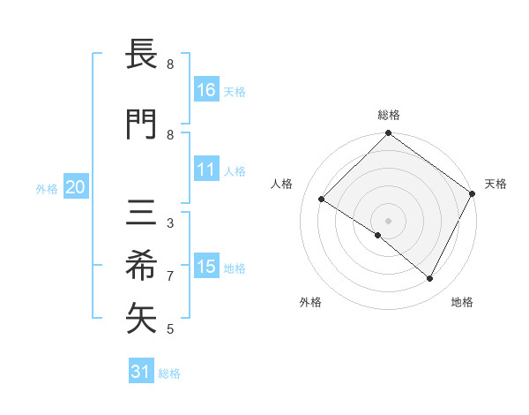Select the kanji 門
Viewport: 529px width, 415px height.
pyautogui.click(x=142, y=124)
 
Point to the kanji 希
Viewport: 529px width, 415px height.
pyautogui.click(x=142, y=266)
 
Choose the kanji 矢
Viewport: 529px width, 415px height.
pyautogui.click(x=142, y=319)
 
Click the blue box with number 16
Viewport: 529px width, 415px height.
pyautogui.click(x=206, y=90)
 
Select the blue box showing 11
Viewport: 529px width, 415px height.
pyautogui.click(x=206, y=170)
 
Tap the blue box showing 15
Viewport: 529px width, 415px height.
pyautogui.click(x=206, y=267)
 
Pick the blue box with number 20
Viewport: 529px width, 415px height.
pyautogui.click(x=75, y=187)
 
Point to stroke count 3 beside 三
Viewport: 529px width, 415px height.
pyautogui.click(x=170, y=223)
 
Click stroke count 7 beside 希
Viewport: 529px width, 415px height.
pyautogui.click(x=170, y=276)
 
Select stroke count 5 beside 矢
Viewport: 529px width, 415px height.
pyautogui.click(x=170, y=329)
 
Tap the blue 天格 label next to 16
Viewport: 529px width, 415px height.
pyautogui.click(x=235, y=92)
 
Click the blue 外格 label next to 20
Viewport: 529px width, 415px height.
pyautogui.click(x=47, y=189)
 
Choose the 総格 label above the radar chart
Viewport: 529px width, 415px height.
pyautogui.click(x=388, y=115)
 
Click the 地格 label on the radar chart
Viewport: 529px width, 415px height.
pyautogui.click(x=462, y=303)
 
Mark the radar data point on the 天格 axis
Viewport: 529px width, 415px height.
pyautogui.click(x=473, y=193)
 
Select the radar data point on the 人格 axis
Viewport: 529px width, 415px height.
pyautogui.click(x=321, y=200)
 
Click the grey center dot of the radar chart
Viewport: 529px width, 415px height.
pyautogui.click(x=388, y=220)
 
